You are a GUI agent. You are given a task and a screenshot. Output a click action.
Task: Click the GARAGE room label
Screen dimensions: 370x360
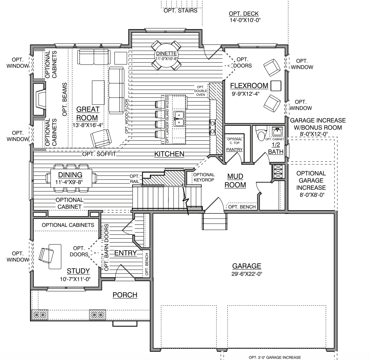pos(247,266)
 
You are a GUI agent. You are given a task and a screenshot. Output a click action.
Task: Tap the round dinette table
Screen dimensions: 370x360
pos(166,56)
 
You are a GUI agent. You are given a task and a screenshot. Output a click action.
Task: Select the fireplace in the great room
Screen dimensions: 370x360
pos(39,99)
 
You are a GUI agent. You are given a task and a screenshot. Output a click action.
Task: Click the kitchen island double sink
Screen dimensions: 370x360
pos(179,119)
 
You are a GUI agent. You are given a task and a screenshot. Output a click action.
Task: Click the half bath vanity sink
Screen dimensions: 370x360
pos(277,131)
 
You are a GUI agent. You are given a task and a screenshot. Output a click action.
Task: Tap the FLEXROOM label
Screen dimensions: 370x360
pos(249,85)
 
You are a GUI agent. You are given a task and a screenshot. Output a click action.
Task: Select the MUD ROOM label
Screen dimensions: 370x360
pos(235,181)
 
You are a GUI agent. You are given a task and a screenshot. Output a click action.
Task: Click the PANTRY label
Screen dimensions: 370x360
pos(234,149)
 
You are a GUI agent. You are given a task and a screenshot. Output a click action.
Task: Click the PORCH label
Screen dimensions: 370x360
pos(125,295)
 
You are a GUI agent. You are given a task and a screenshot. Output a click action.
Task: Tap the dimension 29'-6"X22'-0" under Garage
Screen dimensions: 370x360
pos(247,274)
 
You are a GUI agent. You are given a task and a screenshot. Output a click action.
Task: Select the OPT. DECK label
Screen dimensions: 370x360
pos(244,14)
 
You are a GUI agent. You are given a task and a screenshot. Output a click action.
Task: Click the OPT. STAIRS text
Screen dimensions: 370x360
pos(180,11)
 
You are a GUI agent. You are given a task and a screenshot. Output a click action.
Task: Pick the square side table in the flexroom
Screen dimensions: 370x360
pos(276,86)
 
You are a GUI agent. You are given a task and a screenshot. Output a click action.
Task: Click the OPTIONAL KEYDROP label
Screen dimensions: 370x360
pos(204,177)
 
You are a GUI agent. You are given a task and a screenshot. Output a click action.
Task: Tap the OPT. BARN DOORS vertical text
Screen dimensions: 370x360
pos(106,247)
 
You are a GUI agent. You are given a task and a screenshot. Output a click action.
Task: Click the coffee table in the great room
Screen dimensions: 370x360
pos(98,92)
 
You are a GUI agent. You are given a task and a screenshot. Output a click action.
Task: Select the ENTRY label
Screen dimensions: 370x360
pos(126,253)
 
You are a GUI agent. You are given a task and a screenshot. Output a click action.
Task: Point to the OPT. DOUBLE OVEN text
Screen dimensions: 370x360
pos(201,91)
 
